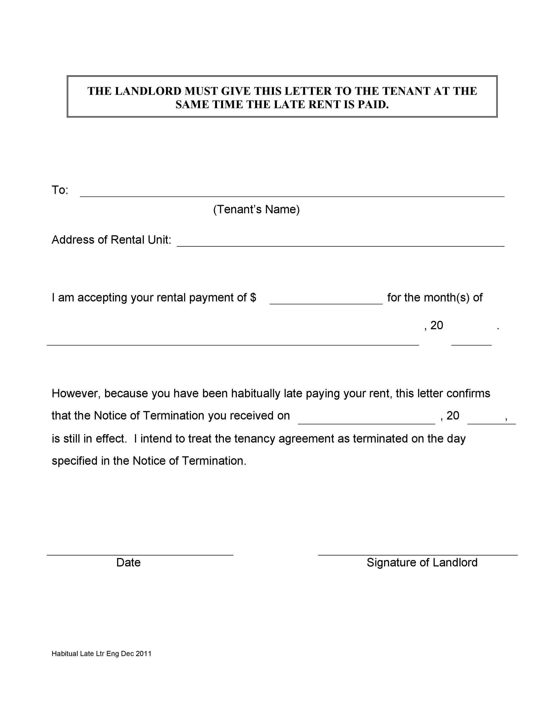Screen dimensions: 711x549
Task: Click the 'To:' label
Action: point(60,190)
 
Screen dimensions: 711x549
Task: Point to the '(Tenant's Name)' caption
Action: point(256,209)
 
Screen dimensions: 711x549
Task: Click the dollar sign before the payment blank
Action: point(253,297)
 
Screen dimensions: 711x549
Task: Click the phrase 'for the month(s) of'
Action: point(435,297)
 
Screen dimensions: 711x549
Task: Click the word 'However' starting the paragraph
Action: point(76,393)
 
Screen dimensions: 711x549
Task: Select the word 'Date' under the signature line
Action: point(128,563)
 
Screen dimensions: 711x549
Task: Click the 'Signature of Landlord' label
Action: point(422,563)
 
